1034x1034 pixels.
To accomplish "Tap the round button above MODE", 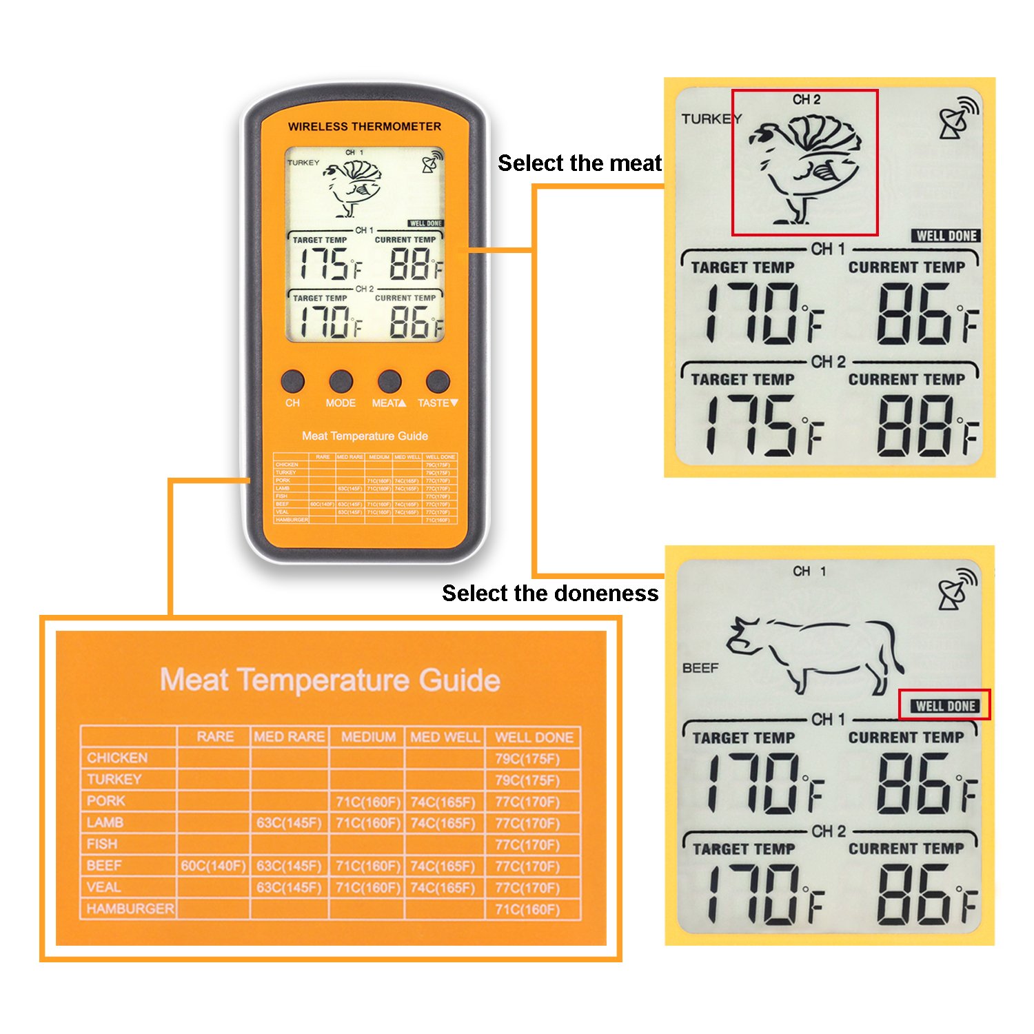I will point(341,381).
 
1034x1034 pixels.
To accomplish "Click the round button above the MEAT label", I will point(389,381).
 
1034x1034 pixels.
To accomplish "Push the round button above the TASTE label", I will point(438,381).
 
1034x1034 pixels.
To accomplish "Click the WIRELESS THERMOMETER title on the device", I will point(365,127).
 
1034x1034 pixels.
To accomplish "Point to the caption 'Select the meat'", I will point(580,163).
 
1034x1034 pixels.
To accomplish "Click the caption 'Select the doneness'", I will point(550,594).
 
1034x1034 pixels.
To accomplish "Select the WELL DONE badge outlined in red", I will point(945,706).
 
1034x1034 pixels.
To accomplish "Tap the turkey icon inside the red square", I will point(805,165).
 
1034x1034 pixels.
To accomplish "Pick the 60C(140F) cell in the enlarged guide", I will point(213,866).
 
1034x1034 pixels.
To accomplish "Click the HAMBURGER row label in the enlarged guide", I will point(130,909).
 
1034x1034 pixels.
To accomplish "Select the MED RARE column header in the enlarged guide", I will point(289,737).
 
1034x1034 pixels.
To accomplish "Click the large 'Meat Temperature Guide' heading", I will point(330,680).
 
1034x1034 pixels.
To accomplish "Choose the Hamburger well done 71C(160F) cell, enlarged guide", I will point(527,910).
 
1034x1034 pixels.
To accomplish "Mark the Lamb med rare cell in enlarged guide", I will point(289,823).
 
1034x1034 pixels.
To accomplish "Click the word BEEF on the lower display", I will point(700,668).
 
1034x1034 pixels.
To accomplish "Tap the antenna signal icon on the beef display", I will point(957,590).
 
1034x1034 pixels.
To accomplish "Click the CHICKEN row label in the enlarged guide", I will point(117,758).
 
